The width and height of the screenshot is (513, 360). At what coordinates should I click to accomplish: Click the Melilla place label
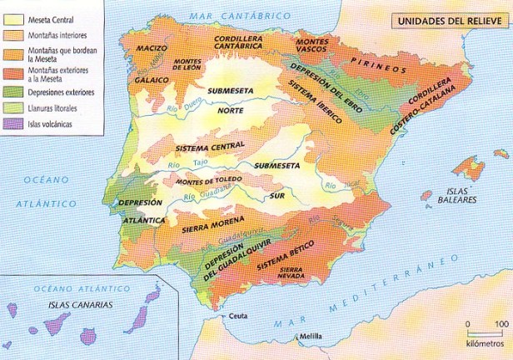(x=311, y=337)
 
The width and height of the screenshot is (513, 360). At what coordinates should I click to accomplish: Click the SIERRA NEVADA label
(x=291, y=275)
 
